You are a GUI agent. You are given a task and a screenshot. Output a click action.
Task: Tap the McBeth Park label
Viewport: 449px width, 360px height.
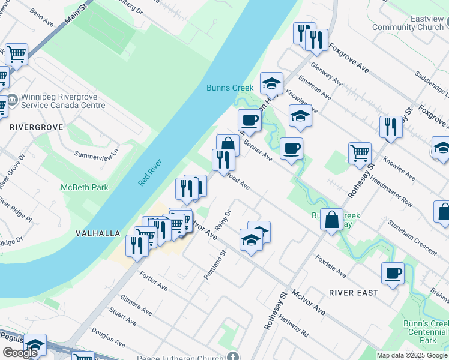(85, 187)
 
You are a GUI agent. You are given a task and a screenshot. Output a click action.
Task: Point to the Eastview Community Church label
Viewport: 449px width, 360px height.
(408, 23)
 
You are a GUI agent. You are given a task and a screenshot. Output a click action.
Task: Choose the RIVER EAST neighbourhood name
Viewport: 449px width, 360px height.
(354, 292)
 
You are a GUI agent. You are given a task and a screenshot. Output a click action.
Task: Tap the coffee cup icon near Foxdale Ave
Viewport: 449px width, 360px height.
(393, 273)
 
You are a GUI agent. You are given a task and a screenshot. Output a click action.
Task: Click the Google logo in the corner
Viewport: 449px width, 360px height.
(20, 352)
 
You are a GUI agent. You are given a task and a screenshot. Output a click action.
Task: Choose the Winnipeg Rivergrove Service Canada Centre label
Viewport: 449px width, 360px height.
(63, 101)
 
